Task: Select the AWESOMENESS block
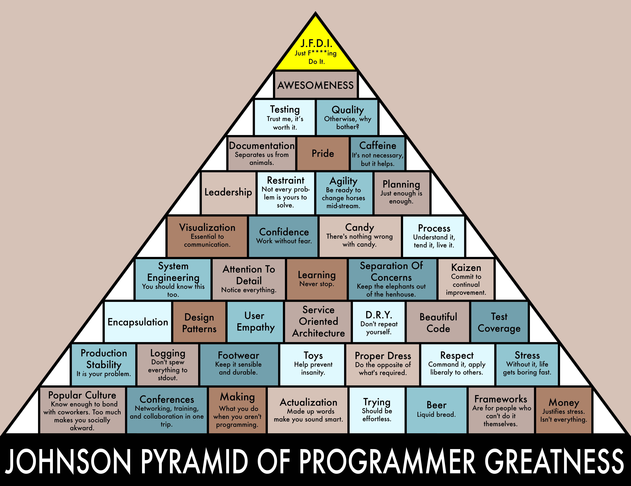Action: click(315, 85)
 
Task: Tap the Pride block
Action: click(323, 153)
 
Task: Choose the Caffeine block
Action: click(378, 153)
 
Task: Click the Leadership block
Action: click(228, 193)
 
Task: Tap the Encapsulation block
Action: click(138, 322)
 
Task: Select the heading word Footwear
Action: click(238, 355)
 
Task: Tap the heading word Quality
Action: click(348, 110)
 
